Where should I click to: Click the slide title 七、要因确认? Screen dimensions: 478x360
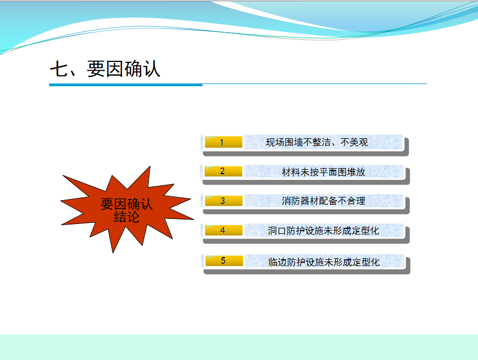click(105, 69)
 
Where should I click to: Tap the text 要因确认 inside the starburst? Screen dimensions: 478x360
click(126, 204)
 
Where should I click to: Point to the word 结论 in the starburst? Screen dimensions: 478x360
click(127, 217)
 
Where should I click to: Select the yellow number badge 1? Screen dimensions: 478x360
click(224, 142)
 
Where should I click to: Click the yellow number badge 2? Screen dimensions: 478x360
click(224, 171)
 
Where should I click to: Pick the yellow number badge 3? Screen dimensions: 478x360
click(224, 201)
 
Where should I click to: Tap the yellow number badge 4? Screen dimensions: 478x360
click(224, 230)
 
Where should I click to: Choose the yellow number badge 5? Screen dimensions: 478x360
click(224, 260)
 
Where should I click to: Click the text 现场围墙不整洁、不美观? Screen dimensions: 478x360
click(317, 142)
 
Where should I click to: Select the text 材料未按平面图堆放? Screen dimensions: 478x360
click(324, 172)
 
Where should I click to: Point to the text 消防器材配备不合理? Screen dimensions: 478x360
click(324, 201)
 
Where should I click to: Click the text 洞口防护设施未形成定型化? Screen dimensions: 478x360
click(323, 231)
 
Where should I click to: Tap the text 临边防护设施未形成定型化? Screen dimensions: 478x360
click(324, 262)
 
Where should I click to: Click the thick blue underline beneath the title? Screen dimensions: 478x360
click(126, 85)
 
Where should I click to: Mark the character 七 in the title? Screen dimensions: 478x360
click(59, 69)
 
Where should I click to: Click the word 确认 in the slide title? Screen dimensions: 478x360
click(142, 69)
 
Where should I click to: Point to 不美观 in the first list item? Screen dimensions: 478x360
click(354, 142)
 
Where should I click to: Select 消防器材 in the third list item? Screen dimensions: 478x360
click(300, 201)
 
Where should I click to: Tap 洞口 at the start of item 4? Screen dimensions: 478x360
click(277, 231)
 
